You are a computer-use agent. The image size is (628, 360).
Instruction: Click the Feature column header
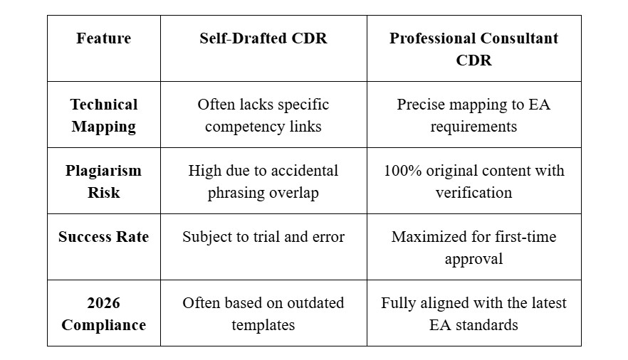pos(104,38)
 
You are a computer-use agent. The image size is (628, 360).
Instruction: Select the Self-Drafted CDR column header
pos(263,38)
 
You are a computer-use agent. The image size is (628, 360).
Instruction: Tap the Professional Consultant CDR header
pos(473,49)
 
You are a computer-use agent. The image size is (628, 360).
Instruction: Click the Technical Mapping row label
pos(104,115)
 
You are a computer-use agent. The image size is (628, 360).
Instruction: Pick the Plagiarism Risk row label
pos(104,181)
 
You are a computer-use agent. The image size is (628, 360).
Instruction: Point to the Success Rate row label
pos(104,237)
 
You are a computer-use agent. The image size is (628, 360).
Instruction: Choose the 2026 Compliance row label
pos(104,314)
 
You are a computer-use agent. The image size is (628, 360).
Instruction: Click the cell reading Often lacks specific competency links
pos(263,115)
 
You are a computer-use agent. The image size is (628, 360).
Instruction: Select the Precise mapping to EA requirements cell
pos(473,115)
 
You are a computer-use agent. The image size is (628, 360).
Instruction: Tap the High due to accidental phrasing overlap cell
pos(263,181)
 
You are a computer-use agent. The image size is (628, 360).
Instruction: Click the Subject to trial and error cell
pos(263,237)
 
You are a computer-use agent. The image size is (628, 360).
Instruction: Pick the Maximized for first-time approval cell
pos(473,248)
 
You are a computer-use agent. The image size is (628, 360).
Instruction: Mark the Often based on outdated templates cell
pos(263,314)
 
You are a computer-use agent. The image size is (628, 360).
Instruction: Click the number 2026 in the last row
pos(104,303)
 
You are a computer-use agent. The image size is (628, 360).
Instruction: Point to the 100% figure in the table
pos(402,171)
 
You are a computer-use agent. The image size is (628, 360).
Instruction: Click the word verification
pos(473,193)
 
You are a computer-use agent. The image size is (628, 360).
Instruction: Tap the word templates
pos(263,325)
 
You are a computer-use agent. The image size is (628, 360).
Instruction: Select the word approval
pos(473,259)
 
